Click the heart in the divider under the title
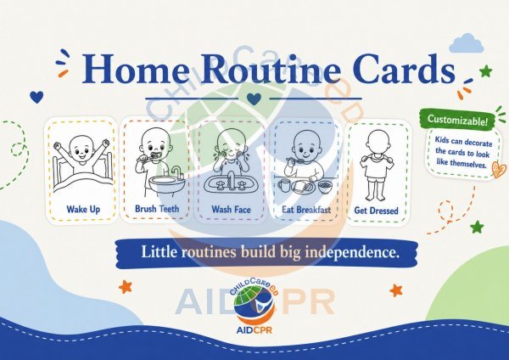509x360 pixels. pos(254,98)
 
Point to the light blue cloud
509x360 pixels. pos(467,43)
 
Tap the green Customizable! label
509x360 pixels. pos(457,120)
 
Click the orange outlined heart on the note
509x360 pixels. pos(499,169)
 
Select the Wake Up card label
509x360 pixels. pos(83,209)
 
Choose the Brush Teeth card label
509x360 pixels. pos(157,209)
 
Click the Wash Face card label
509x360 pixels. pos(231,209)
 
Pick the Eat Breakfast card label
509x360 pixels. pos(306,210)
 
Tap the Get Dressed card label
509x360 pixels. pos(376,211)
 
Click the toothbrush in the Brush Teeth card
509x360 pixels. pos(150,157)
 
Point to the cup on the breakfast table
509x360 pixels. pos(284,186)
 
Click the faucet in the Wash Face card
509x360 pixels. pos(231,180)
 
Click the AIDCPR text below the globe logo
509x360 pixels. pos(255,330)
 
